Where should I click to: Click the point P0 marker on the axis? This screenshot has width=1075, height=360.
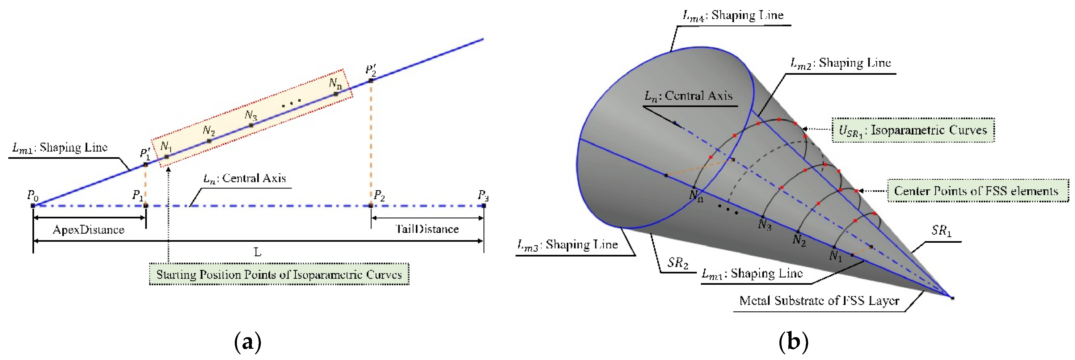[x=33, y=206]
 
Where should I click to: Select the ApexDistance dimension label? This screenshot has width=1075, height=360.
[x=88, y=230]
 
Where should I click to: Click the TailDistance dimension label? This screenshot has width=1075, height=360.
[x=427, y=229]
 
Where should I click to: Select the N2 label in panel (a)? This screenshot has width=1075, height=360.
[x=209, y=131]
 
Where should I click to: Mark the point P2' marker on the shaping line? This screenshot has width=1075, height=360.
[x=371, y=81]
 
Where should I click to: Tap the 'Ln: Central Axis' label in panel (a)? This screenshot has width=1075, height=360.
[x=245, y=179]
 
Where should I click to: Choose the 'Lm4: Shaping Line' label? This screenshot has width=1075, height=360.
[x=733, y=16]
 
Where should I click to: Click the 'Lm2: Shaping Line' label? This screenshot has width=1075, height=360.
[x=840, y=63]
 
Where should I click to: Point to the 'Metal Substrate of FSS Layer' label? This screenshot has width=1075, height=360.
[x=819, y=301]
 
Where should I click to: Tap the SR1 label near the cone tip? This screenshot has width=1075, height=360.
[x=942, y=230]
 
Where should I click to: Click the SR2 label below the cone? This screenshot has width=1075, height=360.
[x=677, y=263]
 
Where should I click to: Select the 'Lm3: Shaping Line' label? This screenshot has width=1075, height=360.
[x=567, y=245]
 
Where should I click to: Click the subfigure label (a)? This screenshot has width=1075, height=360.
[x=248, y=342]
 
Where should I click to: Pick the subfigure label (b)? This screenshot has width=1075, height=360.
[x=793, y=342]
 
